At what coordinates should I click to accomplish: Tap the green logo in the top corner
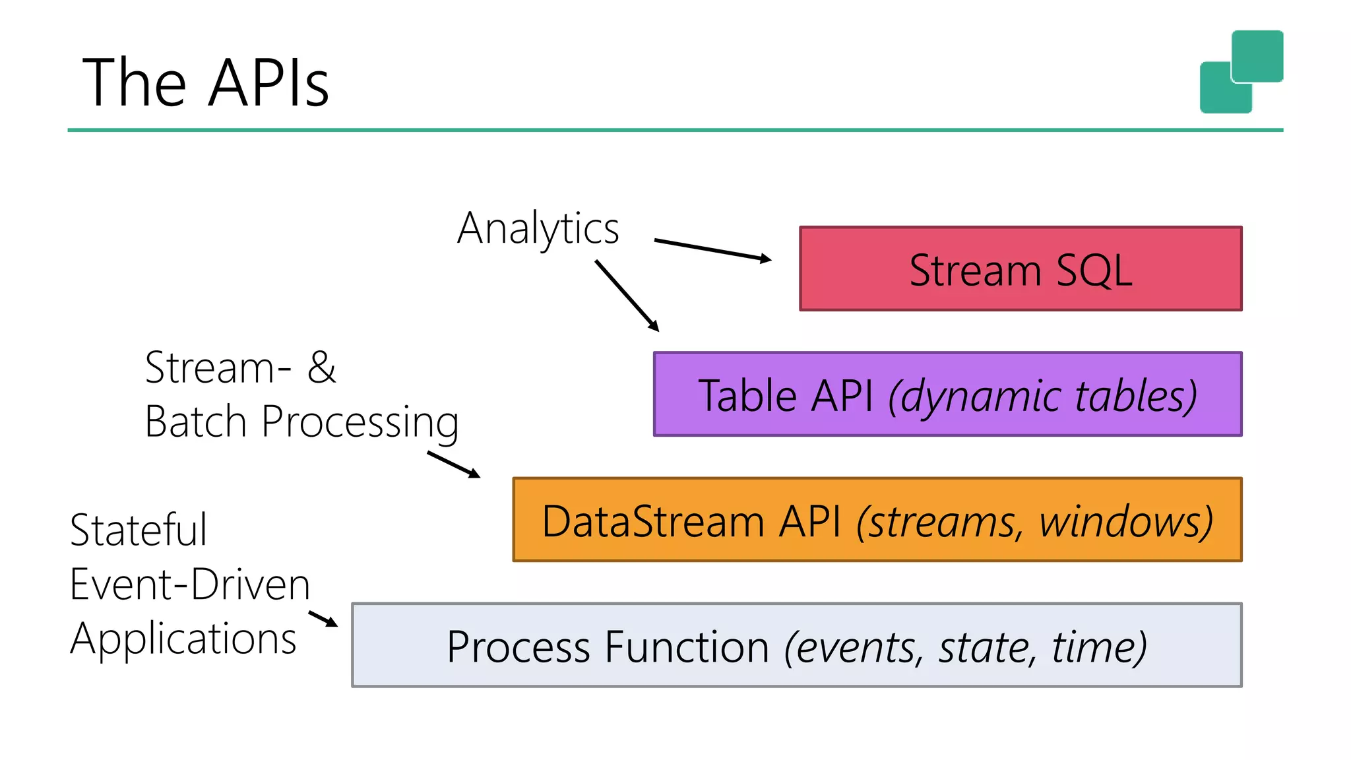(x=1241, y=71)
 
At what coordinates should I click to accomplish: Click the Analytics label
(x=538, y=228)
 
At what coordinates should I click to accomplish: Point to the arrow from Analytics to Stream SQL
(x=712, y=250)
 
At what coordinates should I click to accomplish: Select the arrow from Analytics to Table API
(x=627, y=296)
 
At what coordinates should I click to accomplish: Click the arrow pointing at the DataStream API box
(x=454, y=464)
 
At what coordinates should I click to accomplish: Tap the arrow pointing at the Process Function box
(x=323, y=619)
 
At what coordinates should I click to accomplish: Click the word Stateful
(x=139, y=530)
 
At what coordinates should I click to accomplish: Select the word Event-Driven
(x=190, y=585)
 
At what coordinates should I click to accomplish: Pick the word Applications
(x=183, y=639)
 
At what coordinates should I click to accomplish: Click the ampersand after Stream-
(x=321, y=367)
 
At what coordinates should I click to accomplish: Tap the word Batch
(x=195, y=422)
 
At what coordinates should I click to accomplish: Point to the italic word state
(x=984, y=647)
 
